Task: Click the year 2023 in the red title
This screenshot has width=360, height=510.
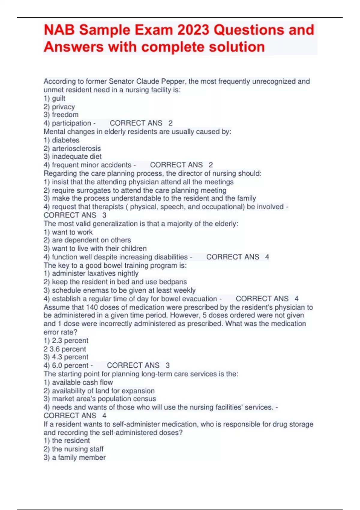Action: click(x=194, y=30)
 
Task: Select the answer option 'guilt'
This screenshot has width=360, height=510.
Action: click(x=58, y=98)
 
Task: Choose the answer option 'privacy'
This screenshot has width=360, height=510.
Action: click(x=63, y=107)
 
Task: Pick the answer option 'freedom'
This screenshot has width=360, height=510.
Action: click(x=65, y=115)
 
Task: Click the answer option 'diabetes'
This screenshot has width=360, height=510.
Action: click(x=65, y=140)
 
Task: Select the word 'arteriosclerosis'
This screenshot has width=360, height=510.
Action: click(x=76, y=148)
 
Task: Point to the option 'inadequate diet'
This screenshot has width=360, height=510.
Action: click(x=76, y=156)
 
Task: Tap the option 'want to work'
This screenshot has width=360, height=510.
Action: click(x=72, y=232)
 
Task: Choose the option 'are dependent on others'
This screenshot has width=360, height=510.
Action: click(x=91, y=240)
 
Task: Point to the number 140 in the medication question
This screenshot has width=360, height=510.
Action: click(x=92, y=307)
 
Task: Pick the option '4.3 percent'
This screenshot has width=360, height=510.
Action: click(x=70, y=357)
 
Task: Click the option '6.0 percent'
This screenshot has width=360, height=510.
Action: click(x=70, y=365)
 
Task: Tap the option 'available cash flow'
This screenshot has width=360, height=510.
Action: click(x=82, y=382)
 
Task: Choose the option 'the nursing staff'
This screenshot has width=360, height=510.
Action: click(x=77, y=449)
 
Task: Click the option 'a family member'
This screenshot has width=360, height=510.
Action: click(x=79, y=457)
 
